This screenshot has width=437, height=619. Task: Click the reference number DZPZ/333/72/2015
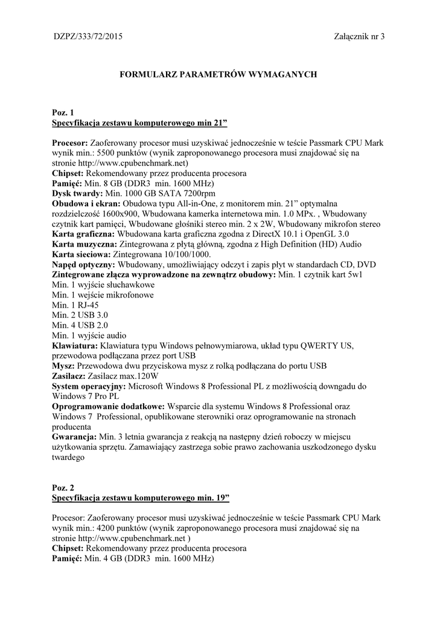pos(88,37)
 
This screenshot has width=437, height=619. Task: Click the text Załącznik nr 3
pos(359,37)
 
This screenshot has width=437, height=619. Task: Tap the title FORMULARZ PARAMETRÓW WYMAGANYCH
pos(218,74)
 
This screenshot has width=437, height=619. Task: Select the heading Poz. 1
pos(63,113)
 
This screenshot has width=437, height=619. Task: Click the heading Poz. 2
pos(63,487)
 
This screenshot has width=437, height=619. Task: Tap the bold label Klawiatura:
pos(74,346)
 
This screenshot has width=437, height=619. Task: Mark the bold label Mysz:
pos(63,366)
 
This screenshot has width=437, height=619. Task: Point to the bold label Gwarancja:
pos(74,436)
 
